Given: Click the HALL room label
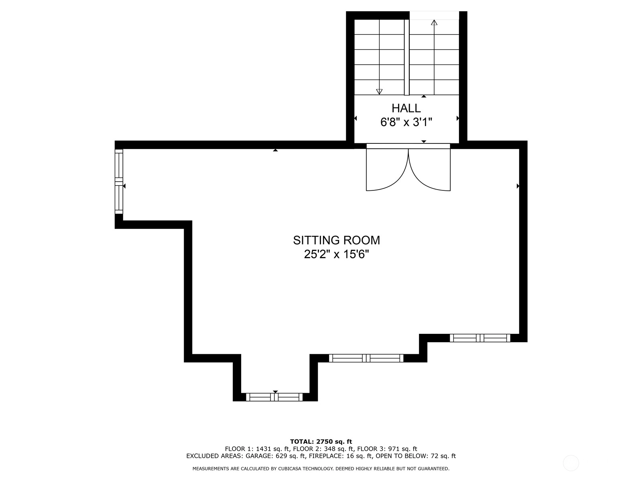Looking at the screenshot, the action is coord(406,108).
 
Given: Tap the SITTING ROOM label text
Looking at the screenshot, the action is coord(336,240).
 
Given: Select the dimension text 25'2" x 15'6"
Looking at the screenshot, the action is coord(336,254).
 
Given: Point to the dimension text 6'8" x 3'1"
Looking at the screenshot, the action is coord(406,122).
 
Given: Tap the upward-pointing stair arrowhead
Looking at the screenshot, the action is coord(434,22).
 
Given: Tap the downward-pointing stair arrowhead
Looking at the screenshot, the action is coord(379,92).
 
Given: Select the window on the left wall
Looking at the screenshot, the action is coord(119,182).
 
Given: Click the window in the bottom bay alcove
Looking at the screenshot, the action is coord(274,397).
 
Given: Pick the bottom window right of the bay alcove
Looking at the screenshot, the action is coord(366,358).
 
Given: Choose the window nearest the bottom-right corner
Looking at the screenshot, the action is coord(480,338).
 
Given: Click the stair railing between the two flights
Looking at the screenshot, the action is coord(406,57).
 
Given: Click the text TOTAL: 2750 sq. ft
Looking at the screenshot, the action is coord(321,441).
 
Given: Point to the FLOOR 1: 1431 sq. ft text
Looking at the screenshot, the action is coord(257,449).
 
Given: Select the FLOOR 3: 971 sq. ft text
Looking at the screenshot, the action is coord(387,449).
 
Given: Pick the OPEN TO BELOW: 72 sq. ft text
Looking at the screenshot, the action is coord(416,456).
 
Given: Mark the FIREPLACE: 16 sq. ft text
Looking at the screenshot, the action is coord(341,456).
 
